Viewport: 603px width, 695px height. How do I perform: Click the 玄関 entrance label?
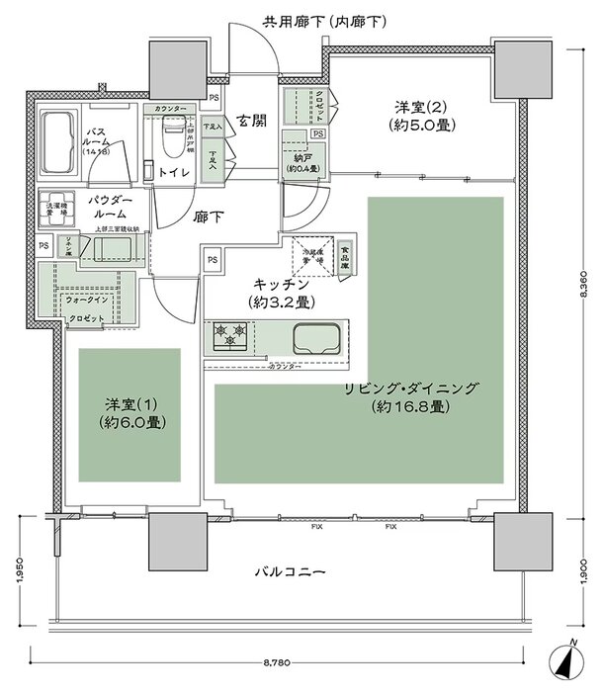pos(250,123)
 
